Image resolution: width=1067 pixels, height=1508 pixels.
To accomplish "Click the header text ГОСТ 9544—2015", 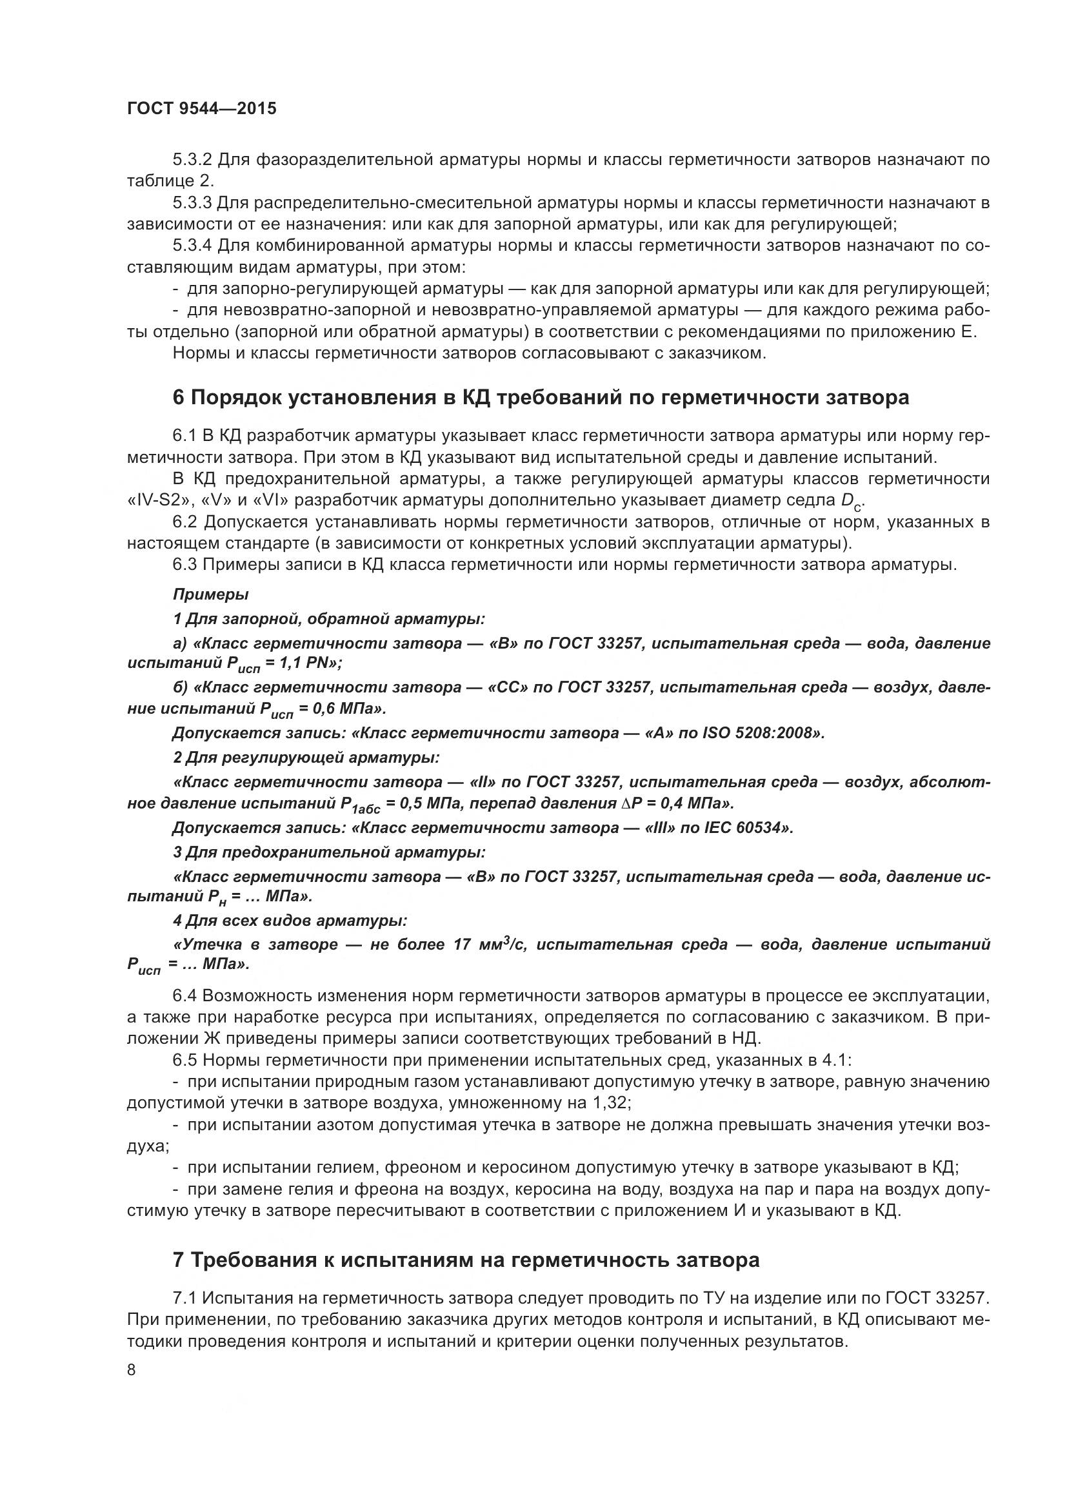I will [x=202, y=108].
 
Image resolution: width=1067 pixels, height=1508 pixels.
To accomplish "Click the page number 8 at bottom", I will [x=132, y=1370].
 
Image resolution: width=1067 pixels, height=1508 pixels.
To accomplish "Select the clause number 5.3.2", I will [x=192, y=160].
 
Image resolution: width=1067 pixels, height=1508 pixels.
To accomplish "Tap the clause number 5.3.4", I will [x=192, y=246].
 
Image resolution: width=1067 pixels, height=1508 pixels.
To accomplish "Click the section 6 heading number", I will [x=179, y=397].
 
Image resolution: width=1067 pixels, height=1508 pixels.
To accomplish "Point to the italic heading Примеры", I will [x=210, y=594].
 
